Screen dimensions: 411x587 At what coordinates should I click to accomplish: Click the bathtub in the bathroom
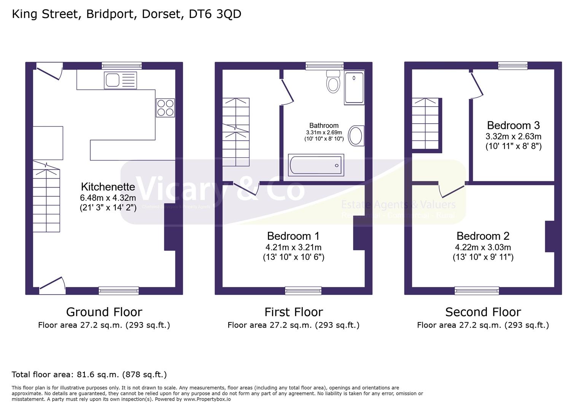316,165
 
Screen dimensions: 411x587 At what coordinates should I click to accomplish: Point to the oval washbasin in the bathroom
356,135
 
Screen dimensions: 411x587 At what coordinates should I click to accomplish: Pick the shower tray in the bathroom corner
354,88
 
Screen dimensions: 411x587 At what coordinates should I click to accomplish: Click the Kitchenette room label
108,187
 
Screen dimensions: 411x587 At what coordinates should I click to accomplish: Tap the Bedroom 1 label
293,236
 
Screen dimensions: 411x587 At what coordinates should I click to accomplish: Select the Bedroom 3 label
513,125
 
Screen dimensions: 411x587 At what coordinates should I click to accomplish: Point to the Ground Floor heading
104,312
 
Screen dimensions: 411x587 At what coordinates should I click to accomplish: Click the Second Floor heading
483,312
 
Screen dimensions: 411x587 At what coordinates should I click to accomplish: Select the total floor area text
89,374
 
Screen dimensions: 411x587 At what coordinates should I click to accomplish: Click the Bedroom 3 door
477,84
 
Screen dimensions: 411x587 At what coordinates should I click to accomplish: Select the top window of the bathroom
325,66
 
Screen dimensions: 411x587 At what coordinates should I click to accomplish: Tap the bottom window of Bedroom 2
477,291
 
